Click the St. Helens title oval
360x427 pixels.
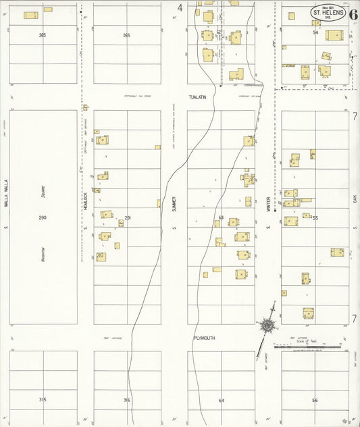328,12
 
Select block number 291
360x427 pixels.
127,218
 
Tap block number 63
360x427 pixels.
221,218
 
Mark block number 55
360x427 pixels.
315,218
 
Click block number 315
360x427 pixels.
43,400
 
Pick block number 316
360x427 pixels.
127,400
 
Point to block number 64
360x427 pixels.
221,400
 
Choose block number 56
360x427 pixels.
315,400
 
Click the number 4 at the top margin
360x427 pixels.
180,8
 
